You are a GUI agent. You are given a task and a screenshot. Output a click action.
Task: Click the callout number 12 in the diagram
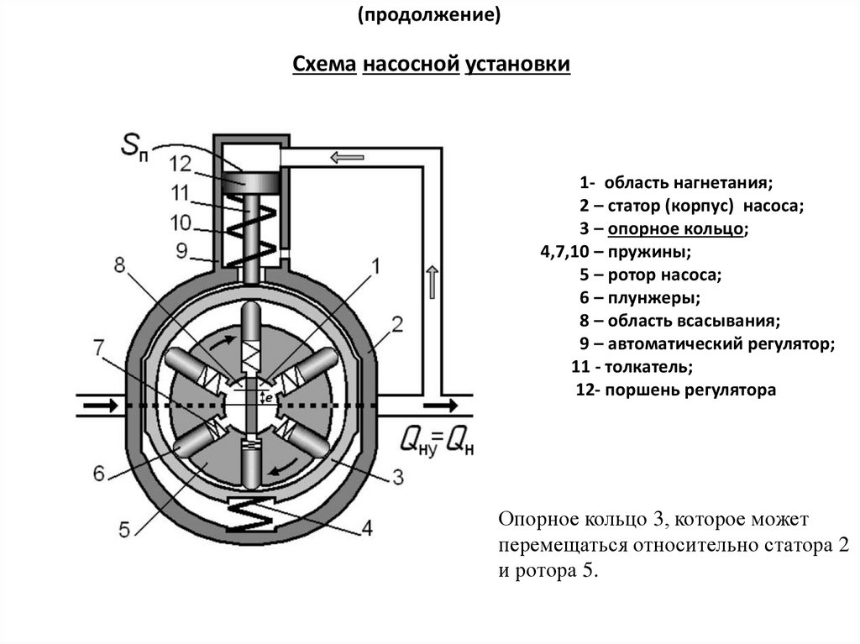pos(181,164)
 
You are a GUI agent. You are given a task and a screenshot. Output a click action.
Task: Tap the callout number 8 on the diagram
pos(119,265)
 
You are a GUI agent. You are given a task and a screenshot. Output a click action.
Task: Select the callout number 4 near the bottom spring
pos(367,527)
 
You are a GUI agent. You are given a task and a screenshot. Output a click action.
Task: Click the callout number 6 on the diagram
pos(99,473)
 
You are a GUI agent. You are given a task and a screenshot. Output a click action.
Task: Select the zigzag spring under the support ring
pos(251,514)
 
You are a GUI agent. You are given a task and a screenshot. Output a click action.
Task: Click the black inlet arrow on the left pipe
pos(101,406)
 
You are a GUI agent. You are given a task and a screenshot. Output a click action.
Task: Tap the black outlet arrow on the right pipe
pos(441,406)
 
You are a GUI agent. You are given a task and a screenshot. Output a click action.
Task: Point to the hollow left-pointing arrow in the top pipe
pos(347,158)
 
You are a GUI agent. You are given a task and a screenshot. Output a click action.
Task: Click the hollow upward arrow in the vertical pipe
pos(433,281)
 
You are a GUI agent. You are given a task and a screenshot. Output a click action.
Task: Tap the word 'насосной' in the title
pos(411,64)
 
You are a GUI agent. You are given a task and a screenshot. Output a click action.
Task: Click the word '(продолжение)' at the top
pos(429,15)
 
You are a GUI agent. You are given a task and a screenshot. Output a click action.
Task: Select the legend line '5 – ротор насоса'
pos(651,275)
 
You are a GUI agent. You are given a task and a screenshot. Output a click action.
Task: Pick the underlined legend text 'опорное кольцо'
pos(676,228)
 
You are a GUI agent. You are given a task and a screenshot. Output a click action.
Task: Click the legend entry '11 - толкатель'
pos(632,366)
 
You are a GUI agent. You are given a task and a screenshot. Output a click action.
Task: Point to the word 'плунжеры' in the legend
pos(653,298)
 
